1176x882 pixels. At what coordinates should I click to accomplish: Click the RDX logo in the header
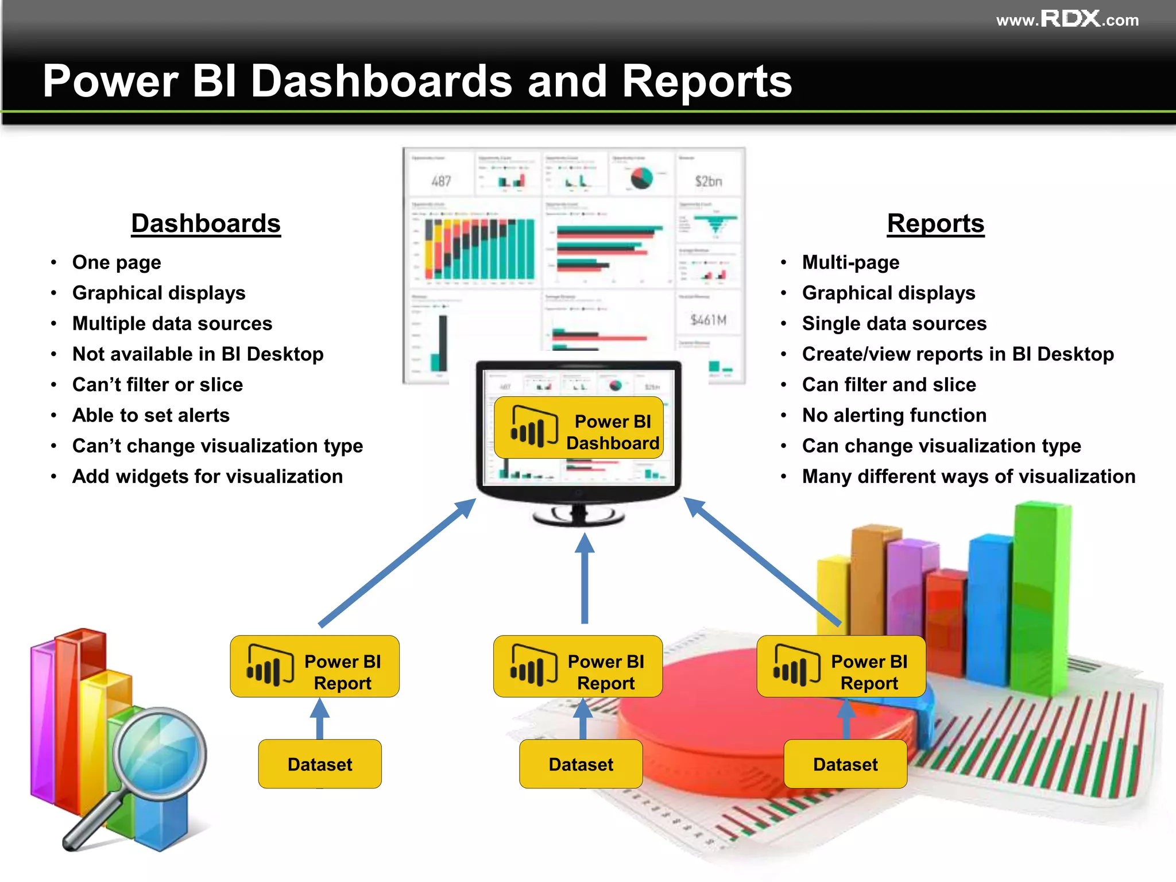click(x=1070, y=19)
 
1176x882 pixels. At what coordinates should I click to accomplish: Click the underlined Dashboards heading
click(x=206, y=223)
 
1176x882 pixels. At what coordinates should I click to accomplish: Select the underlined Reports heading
click(x=935, y=223)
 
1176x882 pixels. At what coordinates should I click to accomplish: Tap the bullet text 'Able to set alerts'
click(x=151, y=415)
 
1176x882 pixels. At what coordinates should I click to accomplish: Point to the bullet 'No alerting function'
click(x=894, y=415)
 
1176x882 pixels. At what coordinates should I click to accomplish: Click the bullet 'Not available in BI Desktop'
click(x=198, y=354)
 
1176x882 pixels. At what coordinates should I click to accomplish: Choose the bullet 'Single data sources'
click(x=894, y=324)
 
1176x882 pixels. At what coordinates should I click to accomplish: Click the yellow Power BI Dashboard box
click(x=579, y=428)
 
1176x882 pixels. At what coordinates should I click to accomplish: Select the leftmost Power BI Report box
click(x=315, y=666)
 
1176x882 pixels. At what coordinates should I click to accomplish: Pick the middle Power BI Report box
click(x=578, y=666)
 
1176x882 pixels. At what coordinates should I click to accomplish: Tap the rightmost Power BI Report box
click(x=841, y=666)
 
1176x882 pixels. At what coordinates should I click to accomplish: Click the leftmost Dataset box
click(x=320, y=764)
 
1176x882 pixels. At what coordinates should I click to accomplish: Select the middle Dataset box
click(x=581, y=764)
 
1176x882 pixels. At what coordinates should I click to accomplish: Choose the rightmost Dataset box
click(x=845, y=764)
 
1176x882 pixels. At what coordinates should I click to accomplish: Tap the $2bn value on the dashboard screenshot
click(x=709, y=181)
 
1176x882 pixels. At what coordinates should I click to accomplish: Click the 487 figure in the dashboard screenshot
click(x=441, y=181)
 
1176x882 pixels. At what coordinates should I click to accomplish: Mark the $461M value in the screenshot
click(x=709, y=320)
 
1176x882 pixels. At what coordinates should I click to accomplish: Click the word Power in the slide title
click(x=110, y=81)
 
